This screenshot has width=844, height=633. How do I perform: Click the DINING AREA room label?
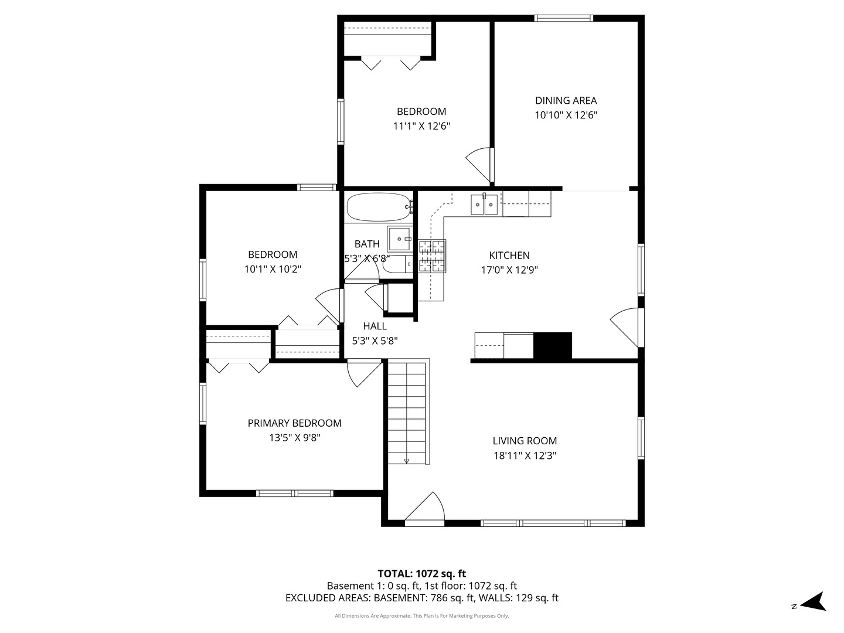tap(566, 100)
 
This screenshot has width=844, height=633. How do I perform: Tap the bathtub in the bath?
tap(380, 207)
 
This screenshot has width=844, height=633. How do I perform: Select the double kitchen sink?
tap(484, 204)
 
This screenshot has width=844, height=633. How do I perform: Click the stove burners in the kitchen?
tap(432, 256)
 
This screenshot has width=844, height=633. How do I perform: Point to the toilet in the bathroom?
tap(397, 264)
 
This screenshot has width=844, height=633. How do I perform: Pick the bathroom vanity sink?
tap(400, 239)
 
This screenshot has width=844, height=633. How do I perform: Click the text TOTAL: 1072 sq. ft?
tap(422, 574)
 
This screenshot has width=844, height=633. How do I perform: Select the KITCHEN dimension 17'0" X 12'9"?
tap(509, 270)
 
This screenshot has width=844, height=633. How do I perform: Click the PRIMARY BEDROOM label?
tap(295, 423)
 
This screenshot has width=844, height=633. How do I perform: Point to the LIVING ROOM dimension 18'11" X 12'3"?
tap(525, 455)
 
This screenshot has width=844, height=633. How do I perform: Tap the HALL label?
tap(375, 326)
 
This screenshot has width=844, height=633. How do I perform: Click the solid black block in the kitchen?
tap(553, 346)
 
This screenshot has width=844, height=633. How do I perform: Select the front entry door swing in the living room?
tap(425, 508)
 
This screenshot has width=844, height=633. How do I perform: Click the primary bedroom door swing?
tap(364, 373)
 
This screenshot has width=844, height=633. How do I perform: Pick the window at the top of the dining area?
tap(564, 18)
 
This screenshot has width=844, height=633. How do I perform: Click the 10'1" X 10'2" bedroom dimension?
tap(273, 269)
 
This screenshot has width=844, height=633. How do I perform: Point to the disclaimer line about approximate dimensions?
tap(422, 615)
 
